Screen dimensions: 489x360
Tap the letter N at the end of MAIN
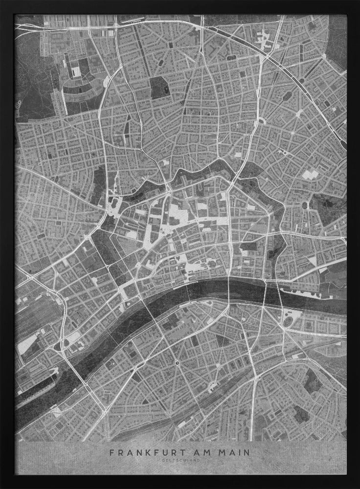pyautogui.click(x=246, y=453)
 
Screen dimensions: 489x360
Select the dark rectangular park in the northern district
pyautogui.click(x=159, y=88)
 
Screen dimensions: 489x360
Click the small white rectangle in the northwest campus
pyautogui.click(x=76, y=72)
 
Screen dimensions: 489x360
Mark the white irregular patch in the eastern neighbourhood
pyautogui.click(x=309, y=175)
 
